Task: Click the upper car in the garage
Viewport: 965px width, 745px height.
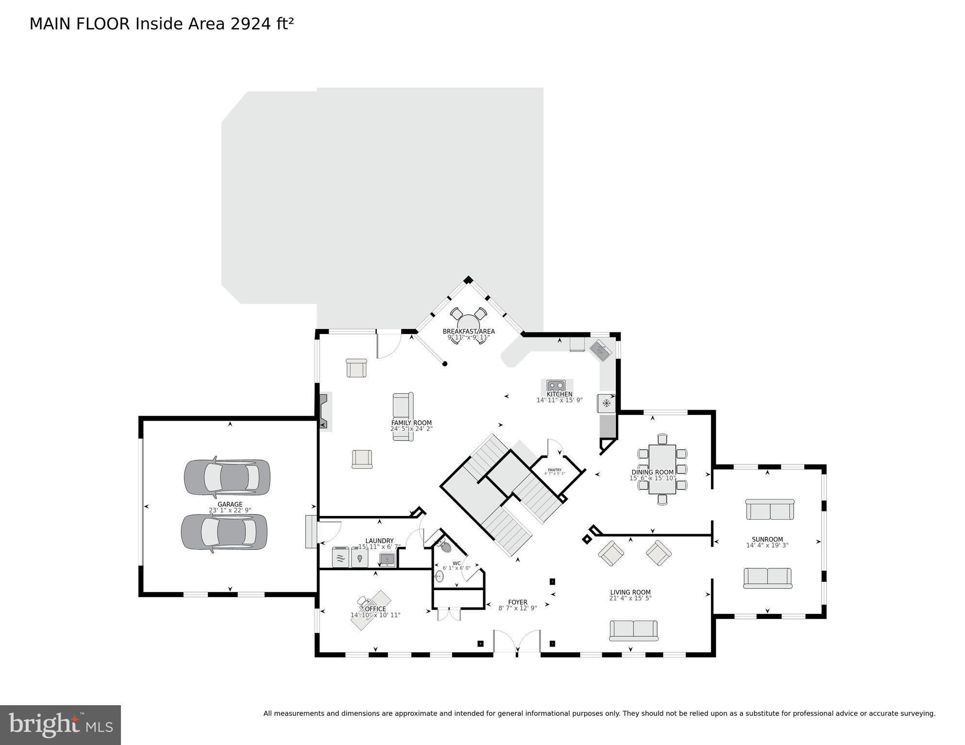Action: coord(227,478)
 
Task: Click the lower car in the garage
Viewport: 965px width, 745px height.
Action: coord(224,532)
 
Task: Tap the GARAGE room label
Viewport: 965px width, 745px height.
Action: coord(230,504)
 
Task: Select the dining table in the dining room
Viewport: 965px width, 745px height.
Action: coord(662,469)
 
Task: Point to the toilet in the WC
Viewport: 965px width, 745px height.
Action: coord(444,546)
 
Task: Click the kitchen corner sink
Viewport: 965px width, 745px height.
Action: coord(601,350)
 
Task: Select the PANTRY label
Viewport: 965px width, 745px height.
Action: coord(555,469)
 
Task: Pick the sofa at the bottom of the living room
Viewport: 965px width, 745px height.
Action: coord(633,630)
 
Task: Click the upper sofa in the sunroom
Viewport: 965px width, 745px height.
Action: coord(770,510)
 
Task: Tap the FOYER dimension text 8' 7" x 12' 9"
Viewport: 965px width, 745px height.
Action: coord(518,608)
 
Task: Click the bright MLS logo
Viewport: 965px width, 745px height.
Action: coord(60,725)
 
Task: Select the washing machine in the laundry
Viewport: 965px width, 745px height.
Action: coord(340,557)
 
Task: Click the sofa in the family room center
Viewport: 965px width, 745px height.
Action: coord(403,416)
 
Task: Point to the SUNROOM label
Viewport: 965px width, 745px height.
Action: coord(767,539)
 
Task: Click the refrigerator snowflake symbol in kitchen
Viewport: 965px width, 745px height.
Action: coord(606,403)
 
